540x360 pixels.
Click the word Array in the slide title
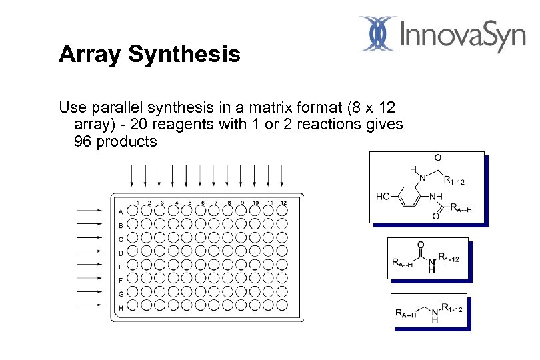tap(89, 55)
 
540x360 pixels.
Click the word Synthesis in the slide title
tap(183, 55)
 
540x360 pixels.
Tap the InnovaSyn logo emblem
tap(378, 34)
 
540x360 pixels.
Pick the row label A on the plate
tap(120, 212)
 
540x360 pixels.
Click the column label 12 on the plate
tap(283, 203)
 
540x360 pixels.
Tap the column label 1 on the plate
tap(137, 203)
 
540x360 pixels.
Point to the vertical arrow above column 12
tap(282, 175)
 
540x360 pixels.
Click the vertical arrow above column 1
tap(132, 175)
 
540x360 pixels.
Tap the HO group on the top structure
tap(384, 197)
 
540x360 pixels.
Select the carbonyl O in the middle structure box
tap(421, 244)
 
